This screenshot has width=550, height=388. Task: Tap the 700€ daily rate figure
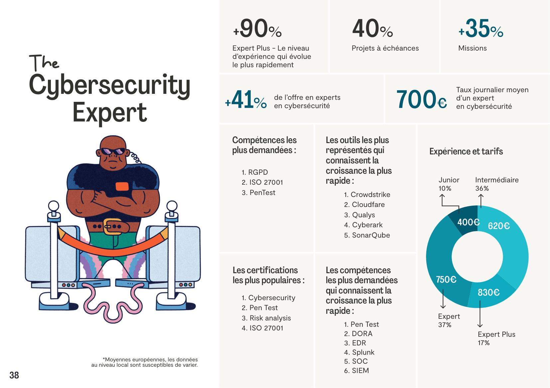coord(421,99)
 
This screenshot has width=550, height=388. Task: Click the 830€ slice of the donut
coord(489,292)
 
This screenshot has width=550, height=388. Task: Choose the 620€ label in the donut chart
coord(499,226)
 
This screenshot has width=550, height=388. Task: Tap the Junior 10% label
coord(449,184)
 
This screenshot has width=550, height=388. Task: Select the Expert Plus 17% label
coord(496,338)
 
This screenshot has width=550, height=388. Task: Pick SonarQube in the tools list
coord(371,235)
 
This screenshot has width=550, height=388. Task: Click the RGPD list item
coord(258,172)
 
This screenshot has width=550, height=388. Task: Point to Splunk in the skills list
coord(363,352)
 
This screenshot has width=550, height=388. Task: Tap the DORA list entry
coord(362,334)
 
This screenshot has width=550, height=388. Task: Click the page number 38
coord(14,375)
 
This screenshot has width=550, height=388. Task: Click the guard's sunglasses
coord(113,151)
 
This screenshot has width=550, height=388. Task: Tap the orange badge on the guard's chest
coord(122,186)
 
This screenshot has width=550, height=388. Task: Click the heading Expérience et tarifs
coord(466,151)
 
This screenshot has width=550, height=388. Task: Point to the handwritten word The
coord(44,63)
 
